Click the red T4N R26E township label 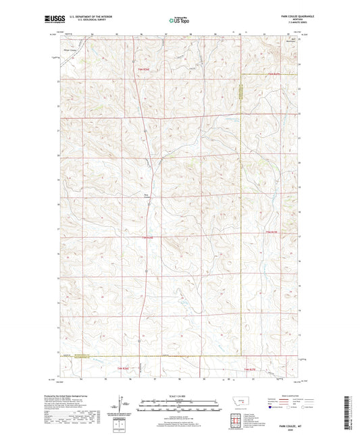click(143, 69)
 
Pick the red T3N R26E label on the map click(151, 237)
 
